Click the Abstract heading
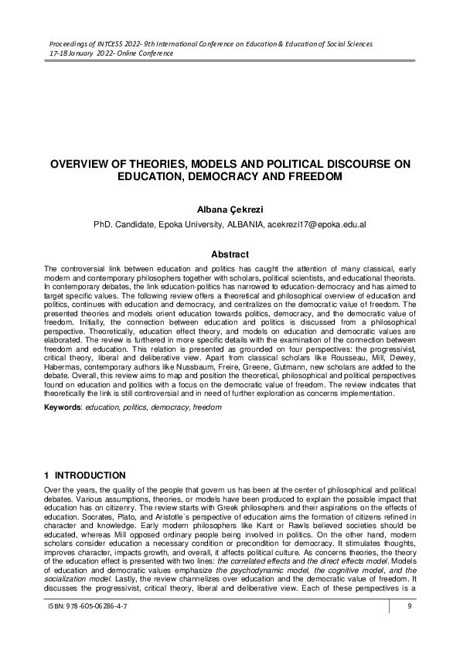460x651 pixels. point(230,254)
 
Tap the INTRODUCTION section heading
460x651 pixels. point(92,475)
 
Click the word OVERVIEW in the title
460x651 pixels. point(85,164)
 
